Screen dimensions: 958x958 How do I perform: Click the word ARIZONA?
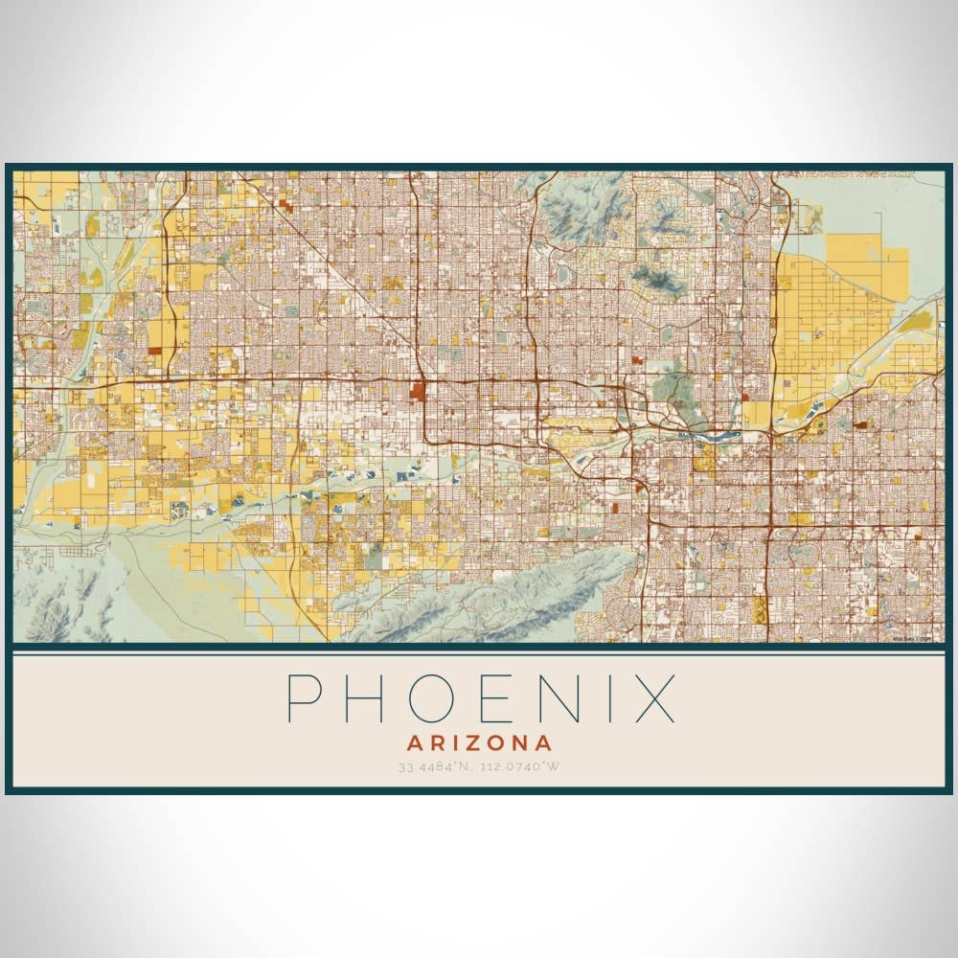pos(479,742)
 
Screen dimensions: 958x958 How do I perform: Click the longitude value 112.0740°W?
pos(518,766)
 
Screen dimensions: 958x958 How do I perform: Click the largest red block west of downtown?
pos(418,391)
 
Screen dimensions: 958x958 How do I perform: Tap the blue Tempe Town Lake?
pos(714,434)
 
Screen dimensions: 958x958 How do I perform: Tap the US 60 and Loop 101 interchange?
pos(768,525)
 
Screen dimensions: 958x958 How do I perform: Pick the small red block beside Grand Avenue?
pos(285,203)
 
